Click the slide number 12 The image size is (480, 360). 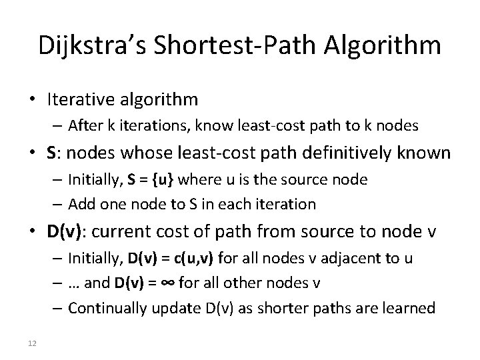tap(31, 343)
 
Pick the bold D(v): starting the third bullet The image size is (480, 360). tap(69, 233)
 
